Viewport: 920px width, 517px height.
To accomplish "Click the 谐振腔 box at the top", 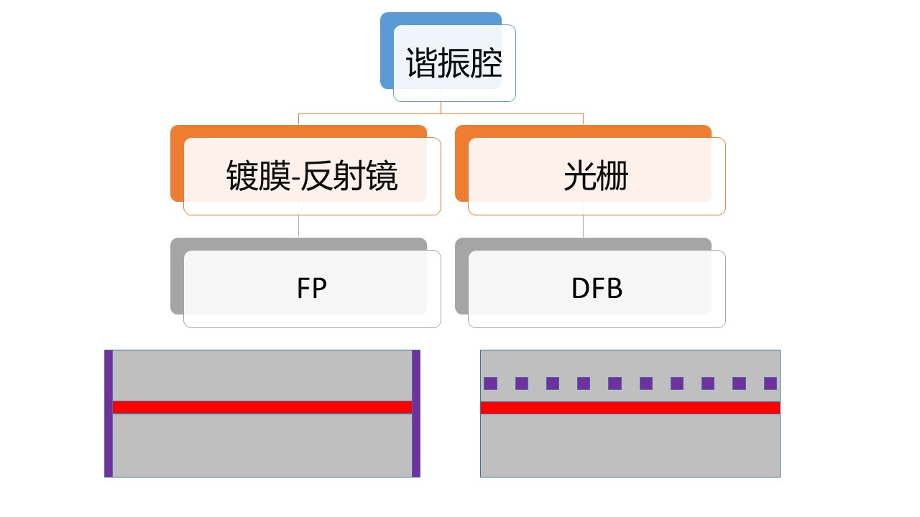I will click(x=454, y=63).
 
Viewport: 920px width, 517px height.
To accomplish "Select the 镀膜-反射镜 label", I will click(x=312, y=176).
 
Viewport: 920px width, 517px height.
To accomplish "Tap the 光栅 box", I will click(x=596, y=176).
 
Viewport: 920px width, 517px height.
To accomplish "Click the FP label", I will click(x=312, y=288).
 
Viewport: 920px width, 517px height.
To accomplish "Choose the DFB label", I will click(x=596, y=288).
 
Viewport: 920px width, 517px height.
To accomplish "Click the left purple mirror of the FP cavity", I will click(x=109, y=414).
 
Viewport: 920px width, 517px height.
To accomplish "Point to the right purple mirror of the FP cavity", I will click(x=415, y=414).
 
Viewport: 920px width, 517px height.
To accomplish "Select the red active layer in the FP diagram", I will click(x=262, y=406).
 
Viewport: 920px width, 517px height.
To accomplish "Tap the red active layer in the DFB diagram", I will click(x=630, y=407).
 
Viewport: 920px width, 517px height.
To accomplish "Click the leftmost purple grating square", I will click(x=490, y=383).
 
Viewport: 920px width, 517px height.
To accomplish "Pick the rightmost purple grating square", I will click(x=770, y=383).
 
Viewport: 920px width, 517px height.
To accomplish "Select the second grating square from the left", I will click(x=522, y=383).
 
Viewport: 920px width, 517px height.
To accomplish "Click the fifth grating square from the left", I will click(x=615, y=383).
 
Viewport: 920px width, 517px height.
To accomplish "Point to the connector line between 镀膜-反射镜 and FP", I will click(x=298, y=226).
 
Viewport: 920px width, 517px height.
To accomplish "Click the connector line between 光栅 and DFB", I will click(x=583, y=226).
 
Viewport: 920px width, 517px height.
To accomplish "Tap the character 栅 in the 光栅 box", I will click(x=612, y=176).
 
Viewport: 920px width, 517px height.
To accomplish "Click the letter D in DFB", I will click(x=579, y=288).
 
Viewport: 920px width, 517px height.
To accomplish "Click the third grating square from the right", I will click(x=708, y=383).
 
